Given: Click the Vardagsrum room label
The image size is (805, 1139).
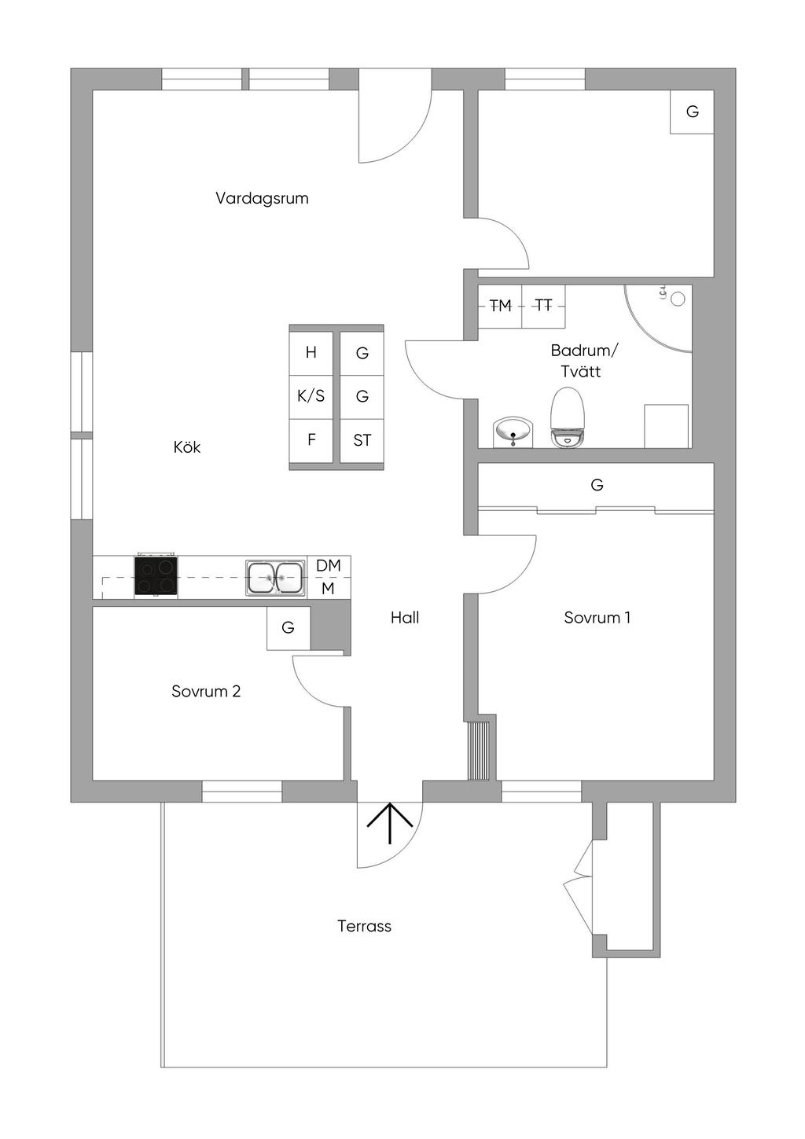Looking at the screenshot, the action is (262, 198).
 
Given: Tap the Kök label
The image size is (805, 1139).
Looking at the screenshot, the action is (186, 447).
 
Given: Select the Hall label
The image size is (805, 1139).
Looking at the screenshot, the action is (405, 618).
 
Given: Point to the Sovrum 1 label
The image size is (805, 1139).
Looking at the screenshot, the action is (597, 618).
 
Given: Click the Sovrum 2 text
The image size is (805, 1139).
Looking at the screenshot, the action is (206, 692).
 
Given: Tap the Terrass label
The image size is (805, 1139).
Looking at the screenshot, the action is (364, 926).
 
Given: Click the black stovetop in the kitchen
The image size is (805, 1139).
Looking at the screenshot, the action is (156, 575).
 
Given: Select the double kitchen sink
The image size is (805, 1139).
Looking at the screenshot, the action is (276, 578).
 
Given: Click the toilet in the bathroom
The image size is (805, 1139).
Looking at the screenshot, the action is (567, 417).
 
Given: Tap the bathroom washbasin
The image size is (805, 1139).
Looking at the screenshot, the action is (513, 432).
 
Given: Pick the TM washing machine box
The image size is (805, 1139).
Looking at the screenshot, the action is (500, 306).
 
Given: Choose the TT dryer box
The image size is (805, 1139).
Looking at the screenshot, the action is (544, 306).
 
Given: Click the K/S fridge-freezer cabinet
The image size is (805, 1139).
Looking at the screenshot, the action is (311, 397).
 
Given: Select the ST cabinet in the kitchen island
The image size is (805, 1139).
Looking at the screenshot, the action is (362, 441).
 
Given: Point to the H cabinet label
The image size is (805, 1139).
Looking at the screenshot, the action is (311, 352).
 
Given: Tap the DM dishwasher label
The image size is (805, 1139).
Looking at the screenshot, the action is (328, 565).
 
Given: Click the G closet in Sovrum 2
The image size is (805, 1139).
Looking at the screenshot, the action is (289, 627).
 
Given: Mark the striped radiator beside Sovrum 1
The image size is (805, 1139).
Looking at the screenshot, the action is (478, 750).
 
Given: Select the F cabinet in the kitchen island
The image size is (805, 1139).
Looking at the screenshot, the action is (311, 441).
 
